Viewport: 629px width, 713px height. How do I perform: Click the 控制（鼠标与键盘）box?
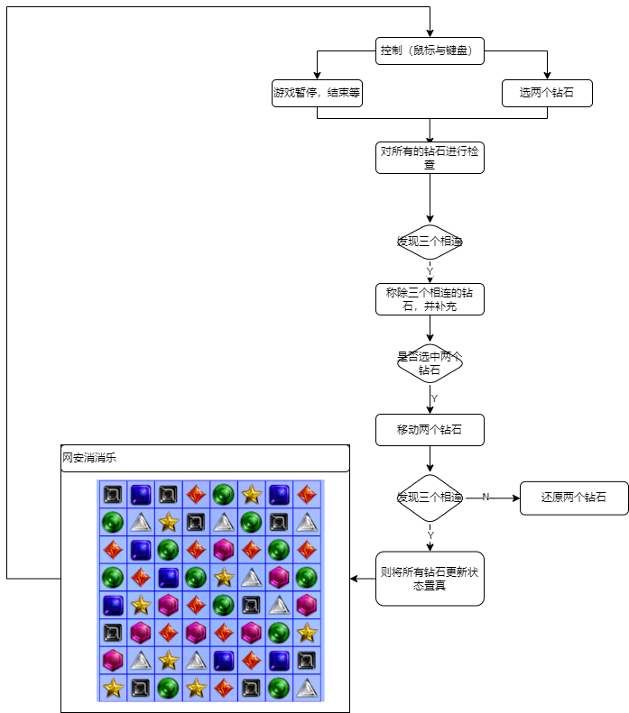click(430, 51)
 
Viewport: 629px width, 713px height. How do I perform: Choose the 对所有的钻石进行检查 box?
click(430, 158)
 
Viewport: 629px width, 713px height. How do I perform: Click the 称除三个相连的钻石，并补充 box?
click(430, 299)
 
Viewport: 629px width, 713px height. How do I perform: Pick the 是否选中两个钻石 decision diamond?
click(430, 362)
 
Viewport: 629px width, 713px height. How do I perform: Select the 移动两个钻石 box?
click(430, 430)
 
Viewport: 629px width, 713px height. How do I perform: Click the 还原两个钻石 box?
click(573, 498)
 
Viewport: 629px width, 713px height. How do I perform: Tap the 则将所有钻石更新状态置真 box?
click(430, 578)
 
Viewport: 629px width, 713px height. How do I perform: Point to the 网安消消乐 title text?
click(89, 458)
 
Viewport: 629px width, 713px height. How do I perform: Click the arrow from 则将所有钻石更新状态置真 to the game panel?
click(362, 578)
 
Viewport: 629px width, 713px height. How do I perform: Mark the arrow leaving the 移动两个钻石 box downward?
click(430, 460)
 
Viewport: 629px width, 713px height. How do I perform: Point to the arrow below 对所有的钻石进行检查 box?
click(430, 198)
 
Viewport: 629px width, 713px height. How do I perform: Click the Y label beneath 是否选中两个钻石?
click(434, 398)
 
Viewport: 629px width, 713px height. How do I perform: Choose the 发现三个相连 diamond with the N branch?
click(430, 498)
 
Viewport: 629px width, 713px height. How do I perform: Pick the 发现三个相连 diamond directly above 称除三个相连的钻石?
click(430, 242)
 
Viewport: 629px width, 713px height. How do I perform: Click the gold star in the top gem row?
click(252, 494)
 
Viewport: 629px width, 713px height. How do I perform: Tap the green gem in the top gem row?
click(224, 494)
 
